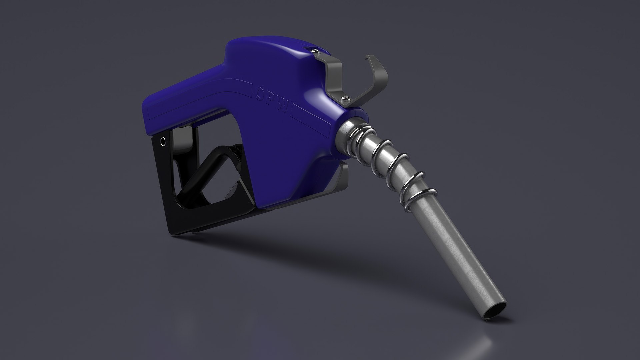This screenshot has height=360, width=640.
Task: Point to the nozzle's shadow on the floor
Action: coord(300,253)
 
